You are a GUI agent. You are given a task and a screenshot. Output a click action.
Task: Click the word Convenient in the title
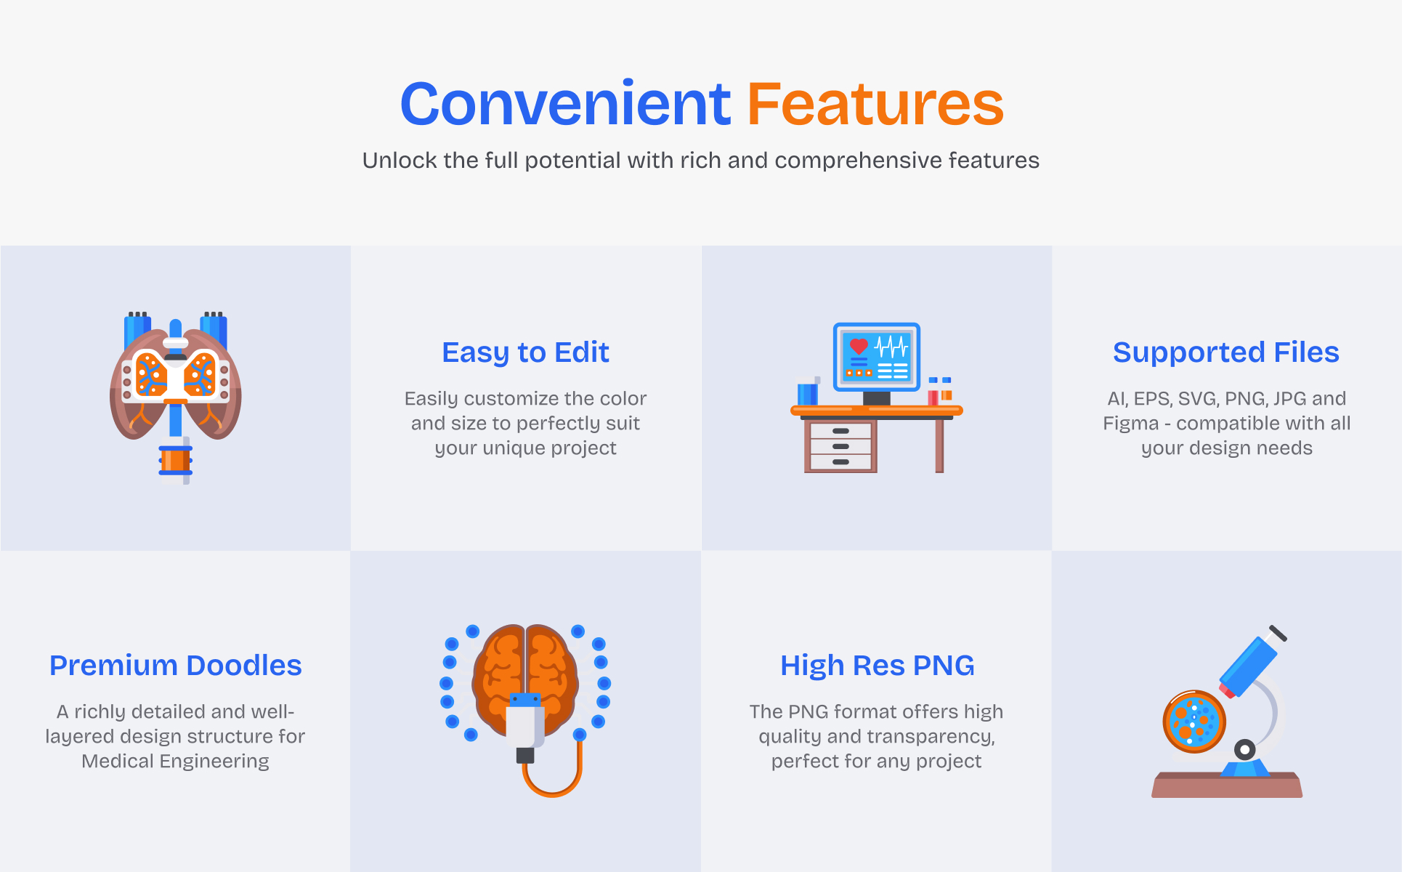565,103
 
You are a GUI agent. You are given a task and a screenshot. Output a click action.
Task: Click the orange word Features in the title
875,103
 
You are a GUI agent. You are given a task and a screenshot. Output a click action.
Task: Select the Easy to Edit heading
525,352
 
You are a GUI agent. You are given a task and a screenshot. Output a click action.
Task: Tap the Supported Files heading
1226,352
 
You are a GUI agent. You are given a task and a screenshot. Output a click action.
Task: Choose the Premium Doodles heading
175,666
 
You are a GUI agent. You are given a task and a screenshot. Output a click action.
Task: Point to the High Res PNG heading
877,666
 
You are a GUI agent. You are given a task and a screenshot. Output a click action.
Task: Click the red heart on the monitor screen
859,347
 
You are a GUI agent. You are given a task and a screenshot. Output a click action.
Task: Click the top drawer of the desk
840,431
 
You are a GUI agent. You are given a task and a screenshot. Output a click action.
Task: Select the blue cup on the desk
808,392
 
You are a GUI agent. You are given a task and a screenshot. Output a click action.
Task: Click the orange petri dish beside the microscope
1194,721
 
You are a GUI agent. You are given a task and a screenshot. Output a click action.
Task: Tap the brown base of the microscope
1227,786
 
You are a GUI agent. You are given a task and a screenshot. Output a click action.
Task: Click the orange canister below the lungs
175,461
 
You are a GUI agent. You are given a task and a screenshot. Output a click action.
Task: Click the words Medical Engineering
175,761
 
